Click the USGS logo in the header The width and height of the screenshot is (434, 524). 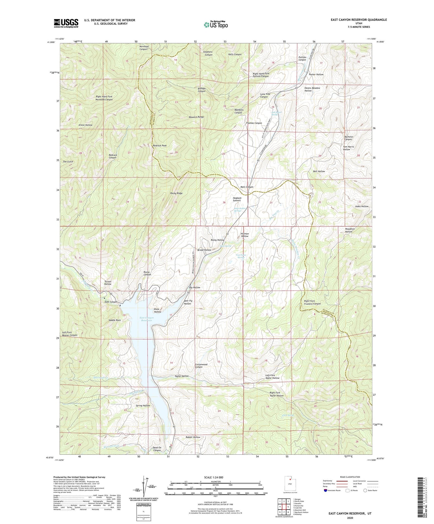click(x=66, y=23)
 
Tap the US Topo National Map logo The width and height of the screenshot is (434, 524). click(x=216, y=25)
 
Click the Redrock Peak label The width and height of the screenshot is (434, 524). click(x=160, y=146)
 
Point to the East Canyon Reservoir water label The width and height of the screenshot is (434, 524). click(x=147, y=319)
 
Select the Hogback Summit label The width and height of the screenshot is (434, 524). click(x=237, y=199)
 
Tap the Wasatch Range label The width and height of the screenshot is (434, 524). click(x=196, y=117)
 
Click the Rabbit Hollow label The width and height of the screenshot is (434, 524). click(x=193, y=437)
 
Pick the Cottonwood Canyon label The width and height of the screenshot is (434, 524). click(x=201, y=366)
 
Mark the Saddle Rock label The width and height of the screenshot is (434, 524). click(x=115, y=320)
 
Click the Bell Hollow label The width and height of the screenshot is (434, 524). click(x=319, y=171)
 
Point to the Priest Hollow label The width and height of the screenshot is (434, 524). click(x=85, y=125)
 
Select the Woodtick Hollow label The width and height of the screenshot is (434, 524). click(x=350, y=230)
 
